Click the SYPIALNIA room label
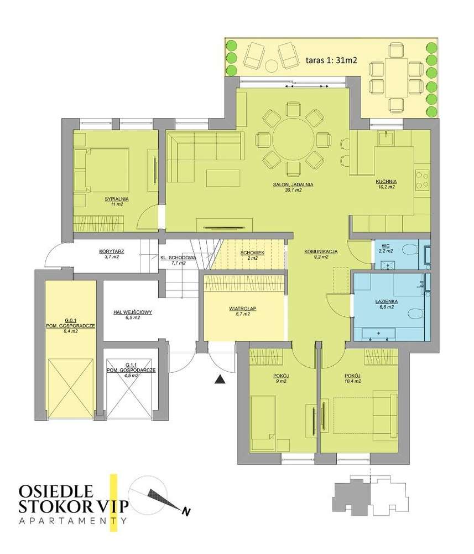coord(116,198)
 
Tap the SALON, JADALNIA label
coord(293,184)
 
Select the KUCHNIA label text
coord(384,182)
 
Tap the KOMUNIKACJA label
coord(321,252)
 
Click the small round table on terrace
coord(272,66)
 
